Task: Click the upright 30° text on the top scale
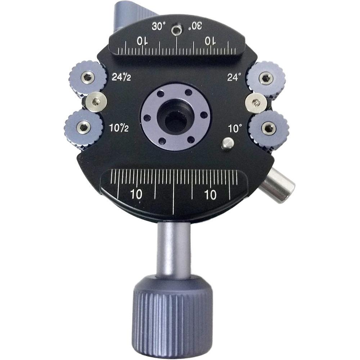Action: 159,27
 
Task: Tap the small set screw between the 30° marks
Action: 176,30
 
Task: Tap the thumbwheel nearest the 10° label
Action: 269,128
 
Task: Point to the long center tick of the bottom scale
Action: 174,191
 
